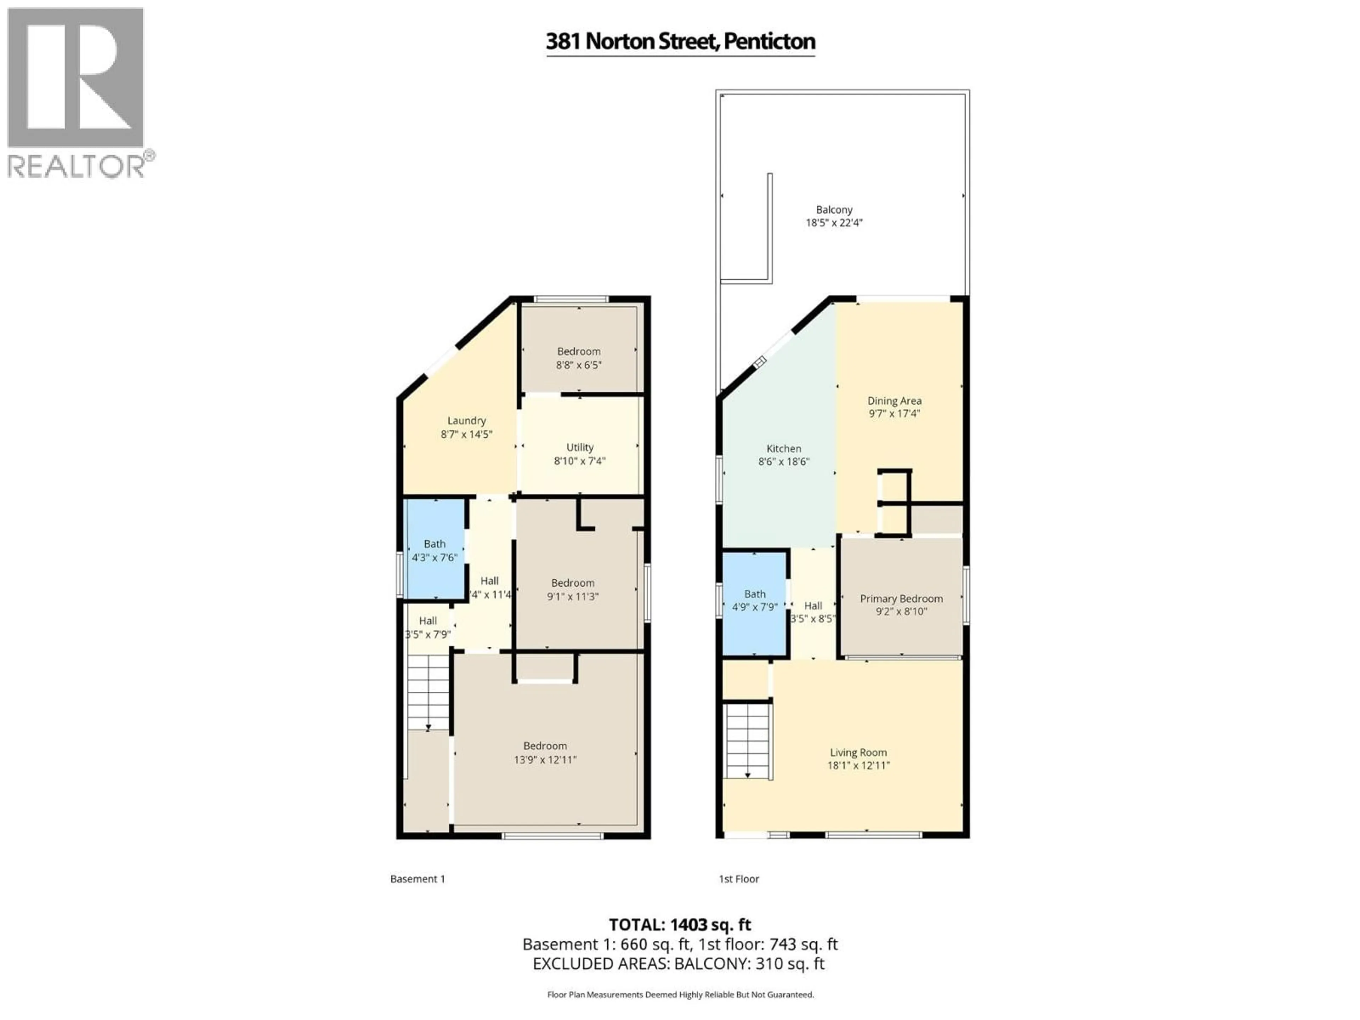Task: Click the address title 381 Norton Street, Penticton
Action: (680, 42)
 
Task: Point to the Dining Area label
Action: (894, 401)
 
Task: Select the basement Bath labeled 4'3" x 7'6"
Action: (434, 551)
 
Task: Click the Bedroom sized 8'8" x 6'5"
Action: (579, 358)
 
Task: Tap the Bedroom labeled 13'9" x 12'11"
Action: (545, 753)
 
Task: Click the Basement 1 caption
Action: (418, 879)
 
